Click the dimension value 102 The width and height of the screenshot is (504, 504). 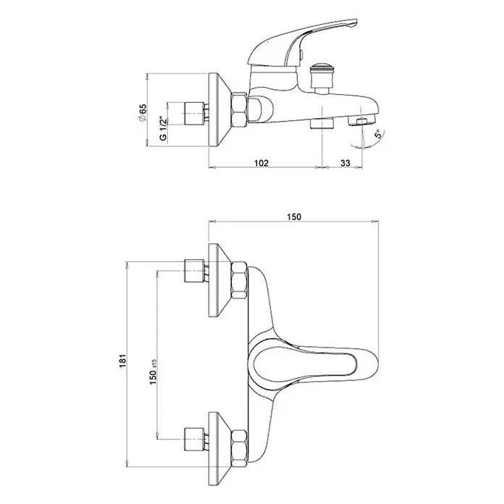point(261,163)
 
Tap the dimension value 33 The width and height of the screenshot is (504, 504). point(345,163)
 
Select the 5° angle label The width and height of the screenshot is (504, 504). point(379,133)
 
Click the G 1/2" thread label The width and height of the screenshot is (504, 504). point(163,128)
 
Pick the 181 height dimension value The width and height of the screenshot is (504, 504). point(124,361)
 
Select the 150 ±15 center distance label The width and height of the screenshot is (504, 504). point(154,372)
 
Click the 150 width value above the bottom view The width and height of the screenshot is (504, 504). point(294,217)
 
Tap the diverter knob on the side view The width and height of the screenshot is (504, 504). point(319,79)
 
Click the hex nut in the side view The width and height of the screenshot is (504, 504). point(240,109)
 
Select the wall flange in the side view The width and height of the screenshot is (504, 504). point(219,110)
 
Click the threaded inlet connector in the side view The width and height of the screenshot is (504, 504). point(194,114)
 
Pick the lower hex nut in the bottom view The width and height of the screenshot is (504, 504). point(240,448)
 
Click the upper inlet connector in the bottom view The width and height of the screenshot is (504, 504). point(195,270)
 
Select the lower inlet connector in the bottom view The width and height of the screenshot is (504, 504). point(195,439)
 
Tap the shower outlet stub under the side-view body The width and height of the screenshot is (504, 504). point(322,123)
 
